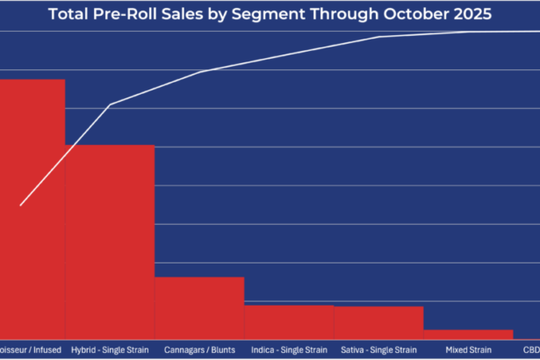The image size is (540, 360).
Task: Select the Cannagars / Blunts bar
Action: [x=199, y=308]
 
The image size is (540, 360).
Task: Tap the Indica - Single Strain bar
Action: [x=289, y=321]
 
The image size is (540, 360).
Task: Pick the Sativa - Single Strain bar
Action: [x=378, y=322]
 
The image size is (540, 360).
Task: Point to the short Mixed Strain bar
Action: [x=468, y=335]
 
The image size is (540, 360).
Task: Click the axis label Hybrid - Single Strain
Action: [x=110, y=349]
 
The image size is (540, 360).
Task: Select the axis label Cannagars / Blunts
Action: [x=199, y=349]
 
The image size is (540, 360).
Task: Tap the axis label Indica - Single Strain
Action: [x=289, y=349]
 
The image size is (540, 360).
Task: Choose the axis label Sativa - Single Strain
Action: [x=378, y=349]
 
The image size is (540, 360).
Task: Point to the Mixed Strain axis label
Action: [x=468, y=349]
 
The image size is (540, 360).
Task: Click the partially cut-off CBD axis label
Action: [x=531, y=349]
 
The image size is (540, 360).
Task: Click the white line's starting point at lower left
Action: [x=21, y=205]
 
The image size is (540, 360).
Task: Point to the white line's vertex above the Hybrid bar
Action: [x=110, y=105]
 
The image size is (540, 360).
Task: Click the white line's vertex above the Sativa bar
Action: [x=378, y=37]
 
